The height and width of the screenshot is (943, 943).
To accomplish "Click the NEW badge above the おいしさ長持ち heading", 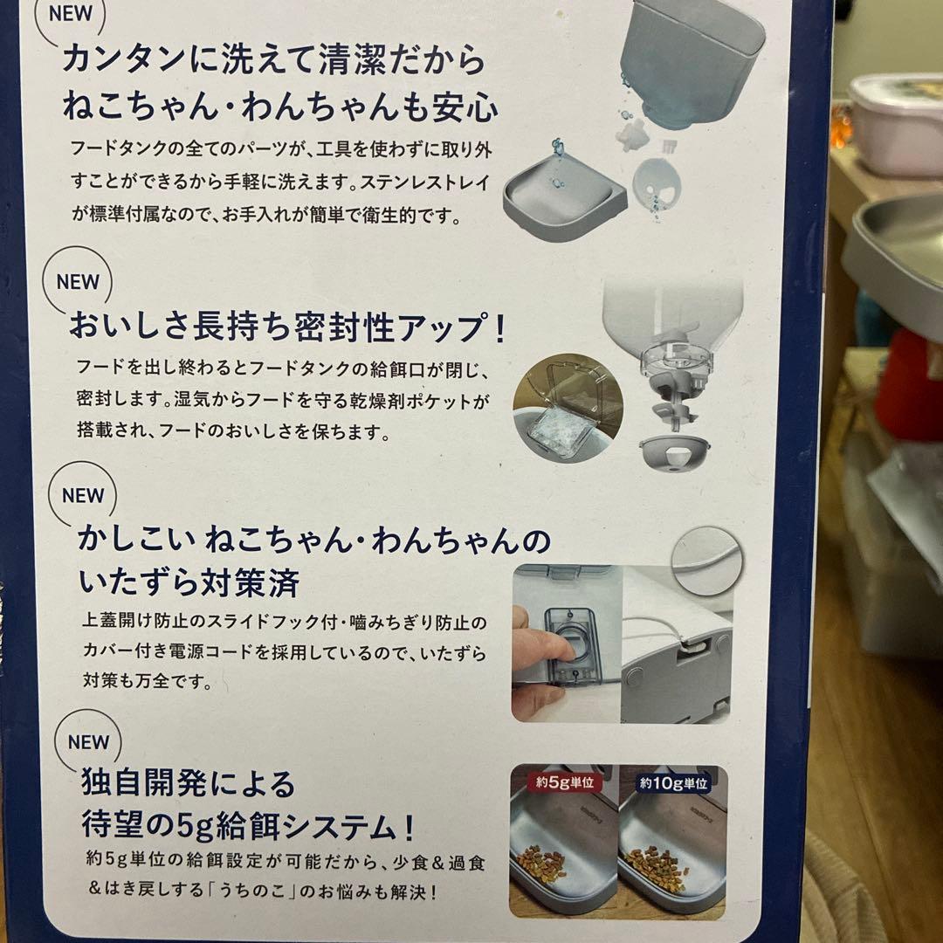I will [78, 282].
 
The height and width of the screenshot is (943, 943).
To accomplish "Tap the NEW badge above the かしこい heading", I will [83, 495].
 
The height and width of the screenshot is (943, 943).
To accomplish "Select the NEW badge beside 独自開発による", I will [88, 742].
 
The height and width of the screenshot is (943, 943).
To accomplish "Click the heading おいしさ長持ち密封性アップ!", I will [287, 328].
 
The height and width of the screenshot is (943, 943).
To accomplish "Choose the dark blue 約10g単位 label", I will [674, 782].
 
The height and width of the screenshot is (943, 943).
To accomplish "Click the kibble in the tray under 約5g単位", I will [541, 864].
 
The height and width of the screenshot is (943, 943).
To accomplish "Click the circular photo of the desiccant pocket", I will [568, 408].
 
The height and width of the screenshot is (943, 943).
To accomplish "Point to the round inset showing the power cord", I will [706, 561].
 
